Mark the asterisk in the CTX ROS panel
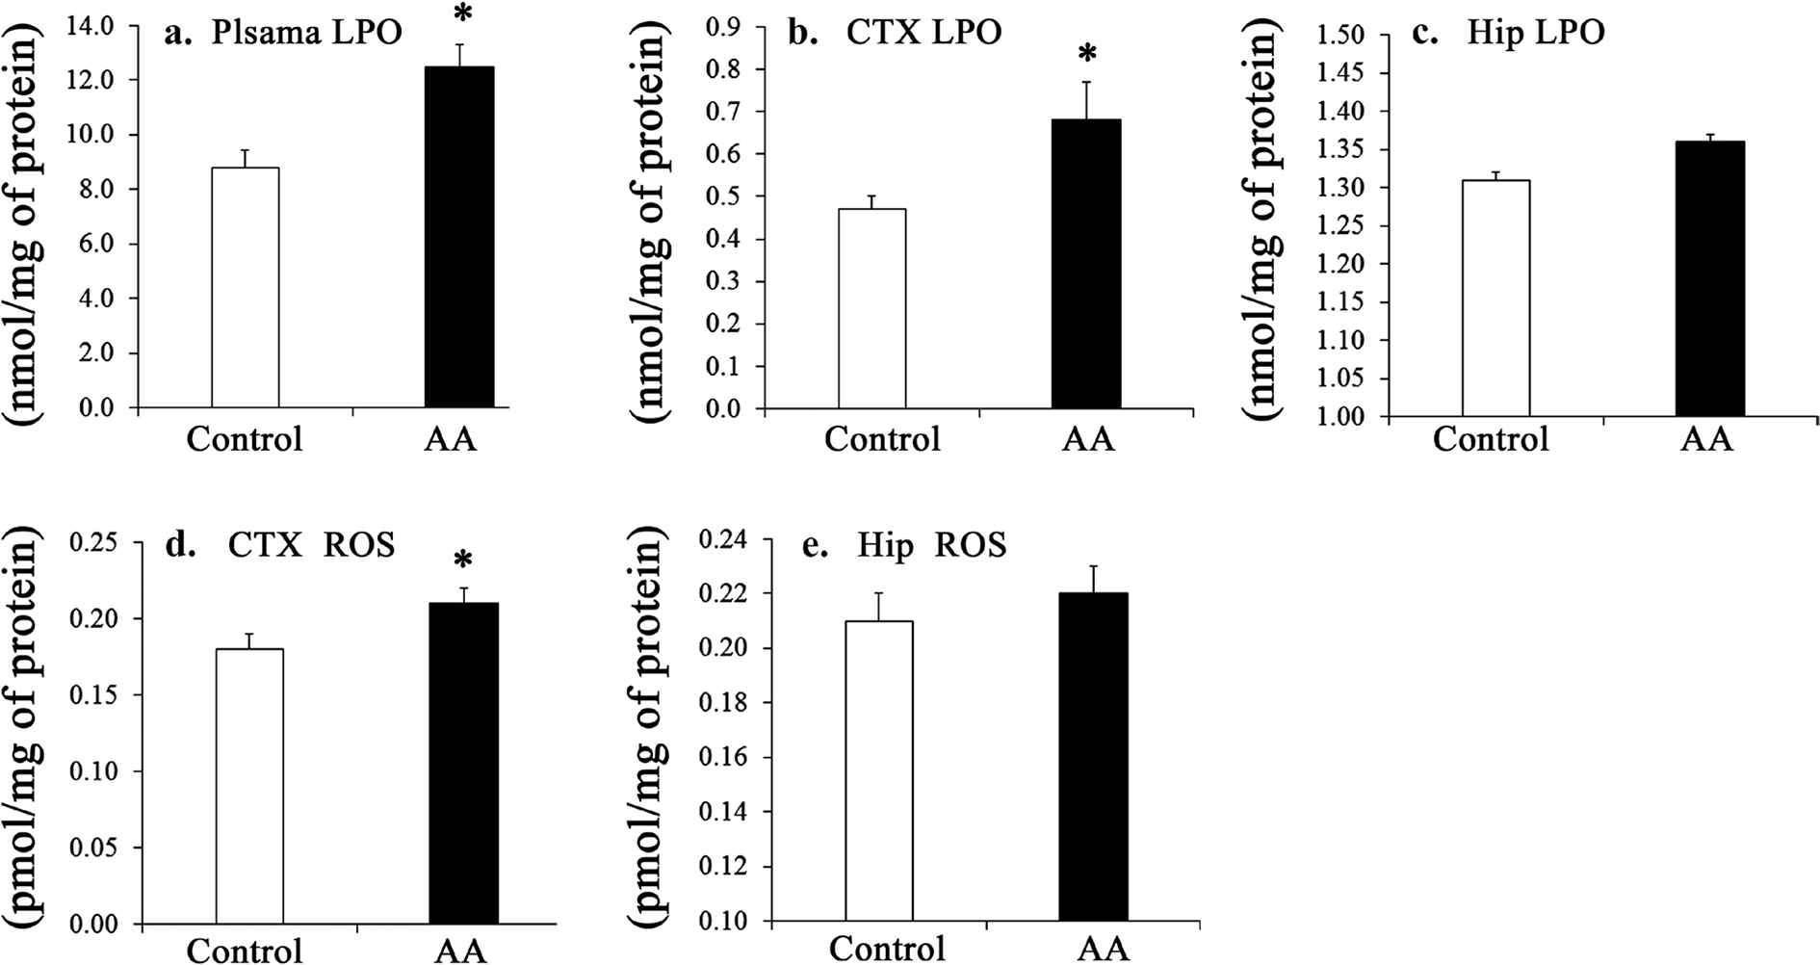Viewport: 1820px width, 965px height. point(464,561)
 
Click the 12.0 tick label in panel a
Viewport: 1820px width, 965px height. point(88,80)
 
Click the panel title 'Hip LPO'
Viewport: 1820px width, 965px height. point(1535,33)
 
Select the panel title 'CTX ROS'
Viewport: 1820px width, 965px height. point(310,545)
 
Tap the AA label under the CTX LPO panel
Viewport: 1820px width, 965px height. point(1088,439)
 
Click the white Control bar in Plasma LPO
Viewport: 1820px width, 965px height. point(246,287)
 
